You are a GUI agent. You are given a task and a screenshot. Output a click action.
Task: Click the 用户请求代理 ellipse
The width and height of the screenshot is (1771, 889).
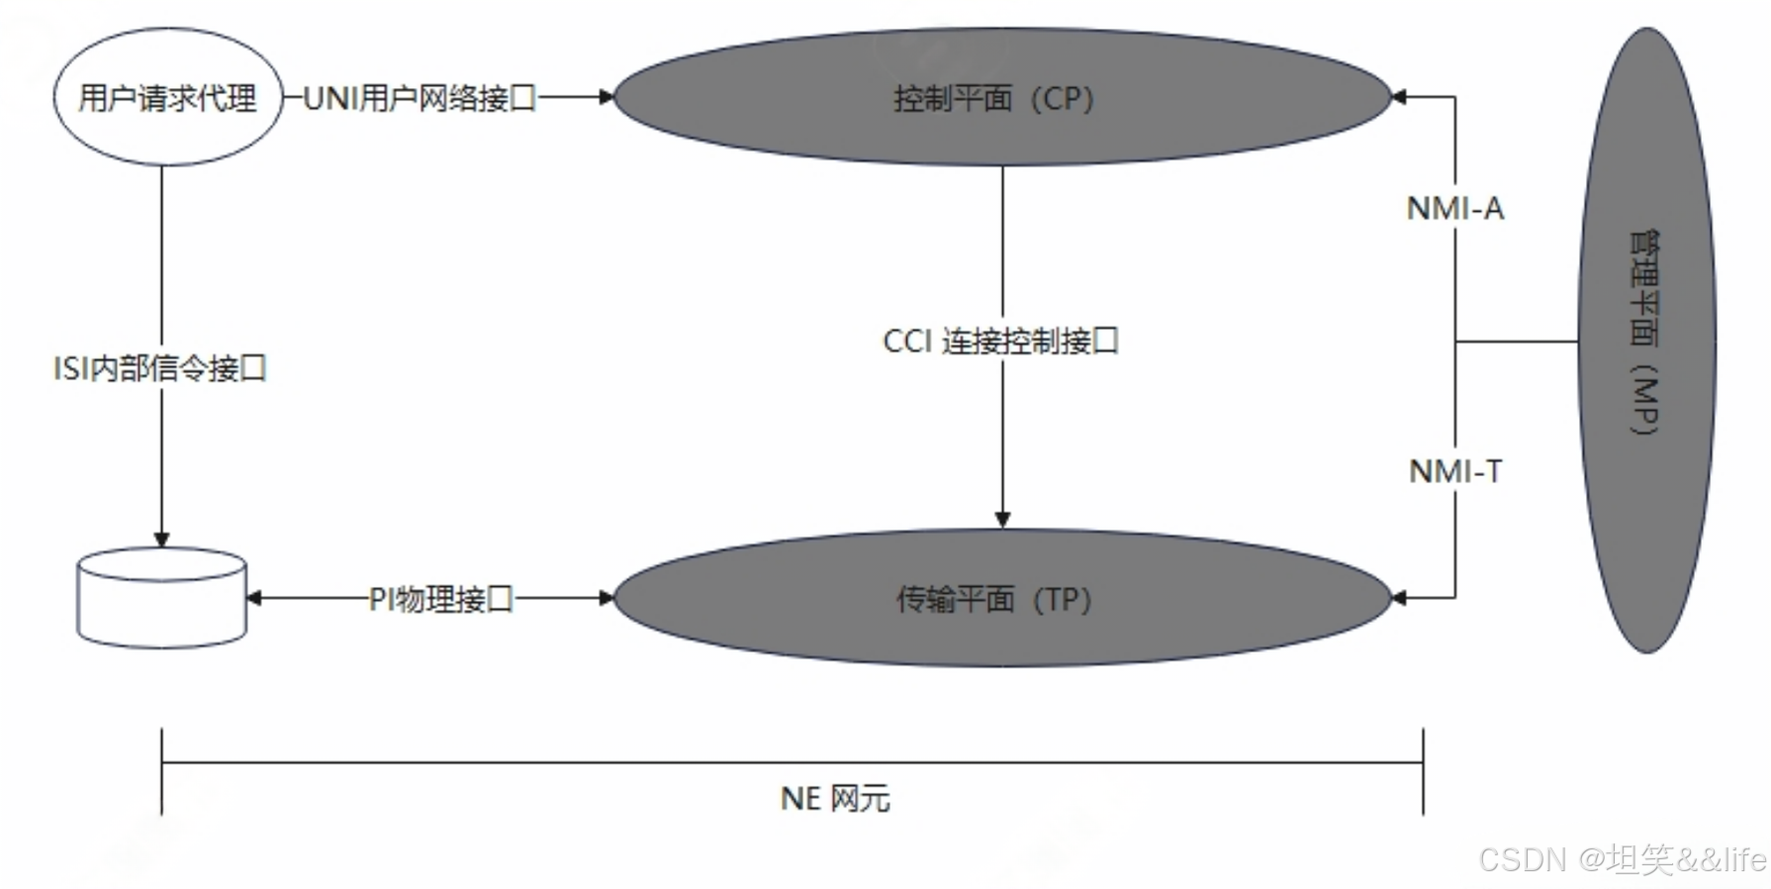(167, 97)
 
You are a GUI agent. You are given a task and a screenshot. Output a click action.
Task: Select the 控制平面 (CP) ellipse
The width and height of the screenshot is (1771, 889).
(1001, 97)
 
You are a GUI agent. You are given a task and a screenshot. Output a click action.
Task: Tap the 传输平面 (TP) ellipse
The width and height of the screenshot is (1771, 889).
(1001, 598)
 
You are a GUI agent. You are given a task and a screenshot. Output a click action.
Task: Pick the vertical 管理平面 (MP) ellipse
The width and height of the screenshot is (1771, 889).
(1646, 340)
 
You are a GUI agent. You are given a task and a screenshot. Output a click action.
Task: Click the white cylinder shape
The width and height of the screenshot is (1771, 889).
(161, 598)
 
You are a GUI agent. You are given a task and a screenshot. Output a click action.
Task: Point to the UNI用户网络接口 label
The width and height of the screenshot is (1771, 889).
(419, 98)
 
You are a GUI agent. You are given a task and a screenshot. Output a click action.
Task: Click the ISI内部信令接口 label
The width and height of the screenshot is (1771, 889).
(160, 368)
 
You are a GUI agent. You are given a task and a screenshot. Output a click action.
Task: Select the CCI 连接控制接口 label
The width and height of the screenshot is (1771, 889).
(1000, 342)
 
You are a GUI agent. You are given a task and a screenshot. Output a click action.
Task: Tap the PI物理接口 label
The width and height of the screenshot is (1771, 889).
(441, 599)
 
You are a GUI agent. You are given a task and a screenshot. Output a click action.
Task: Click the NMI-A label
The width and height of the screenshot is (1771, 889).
(1454, 209)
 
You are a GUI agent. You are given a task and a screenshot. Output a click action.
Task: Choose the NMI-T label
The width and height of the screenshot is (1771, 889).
(1454, 471)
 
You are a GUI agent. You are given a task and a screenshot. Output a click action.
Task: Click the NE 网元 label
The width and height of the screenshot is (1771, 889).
(835, 799)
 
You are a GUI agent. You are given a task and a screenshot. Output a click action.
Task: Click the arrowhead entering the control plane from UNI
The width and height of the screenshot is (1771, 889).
(606, 97)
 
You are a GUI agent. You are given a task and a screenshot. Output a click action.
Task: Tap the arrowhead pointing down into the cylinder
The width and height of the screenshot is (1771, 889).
(161, 540)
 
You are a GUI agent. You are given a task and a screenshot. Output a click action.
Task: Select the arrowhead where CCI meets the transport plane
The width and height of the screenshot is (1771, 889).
(1002, 520)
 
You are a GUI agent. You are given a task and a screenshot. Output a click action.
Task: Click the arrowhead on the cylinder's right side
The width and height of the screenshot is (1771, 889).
(253, 598)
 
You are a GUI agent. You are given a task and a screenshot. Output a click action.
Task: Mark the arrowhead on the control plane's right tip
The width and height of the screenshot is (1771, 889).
(1399, 97)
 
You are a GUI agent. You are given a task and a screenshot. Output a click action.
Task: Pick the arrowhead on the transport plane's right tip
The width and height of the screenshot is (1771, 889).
(1399, 598)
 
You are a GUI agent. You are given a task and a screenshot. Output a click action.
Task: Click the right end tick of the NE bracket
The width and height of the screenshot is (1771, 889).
(1423, 771)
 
